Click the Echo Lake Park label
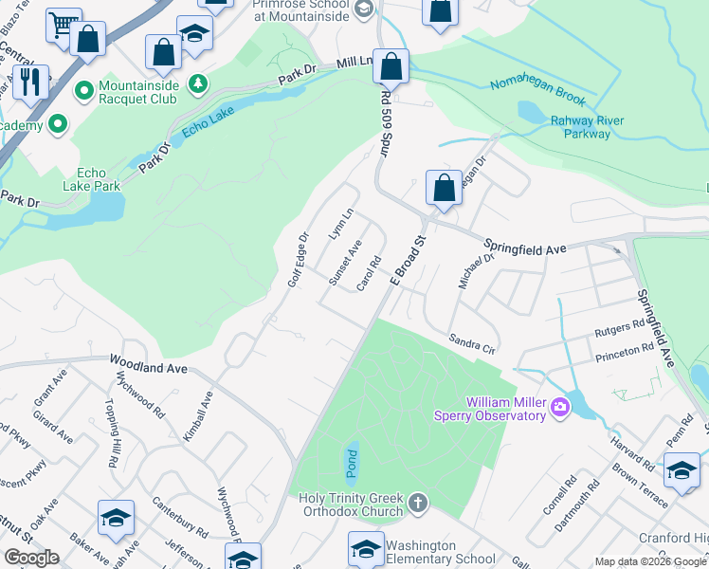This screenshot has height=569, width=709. tap(99, 179)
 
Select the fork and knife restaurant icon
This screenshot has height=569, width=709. tap(33, 83)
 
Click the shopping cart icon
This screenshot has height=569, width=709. tap(64, 25)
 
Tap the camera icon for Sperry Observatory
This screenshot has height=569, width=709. tap(561, 407)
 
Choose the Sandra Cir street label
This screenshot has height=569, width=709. tap(473, 341)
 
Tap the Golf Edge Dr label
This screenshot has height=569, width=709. tap(299, 261)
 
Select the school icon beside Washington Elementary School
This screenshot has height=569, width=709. tap(366, 548)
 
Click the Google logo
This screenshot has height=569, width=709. tap(32, 557)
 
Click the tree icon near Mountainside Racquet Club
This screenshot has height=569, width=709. tap(198, 85)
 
